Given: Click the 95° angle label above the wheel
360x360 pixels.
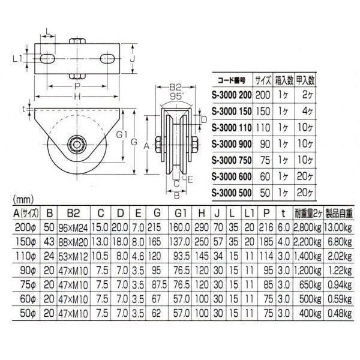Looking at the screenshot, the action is (177, 97).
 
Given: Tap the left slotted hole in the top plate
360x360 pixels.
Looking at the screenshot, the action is (47, 58).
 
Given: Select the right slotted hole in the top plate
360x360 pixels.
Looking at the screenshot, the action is (107, 58).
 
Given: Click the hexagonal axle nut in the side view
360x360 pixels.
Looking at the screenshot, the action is (77, 144).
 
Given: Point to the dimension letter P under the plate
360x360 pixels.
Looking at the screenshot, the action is (77, 86).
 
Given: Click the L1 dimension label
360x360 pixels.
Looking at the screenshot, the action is (17, 59).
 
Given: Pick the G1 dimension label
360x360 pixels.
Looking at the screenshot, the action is (122, 135).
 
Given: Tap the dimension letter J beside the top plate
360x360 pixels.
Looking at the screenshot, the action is (132, 59).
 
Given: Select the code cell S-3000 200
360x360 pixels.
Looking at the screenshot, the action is (232, 95).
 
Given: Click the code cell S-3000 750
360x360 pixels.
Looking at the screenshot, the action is (232, 160).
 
